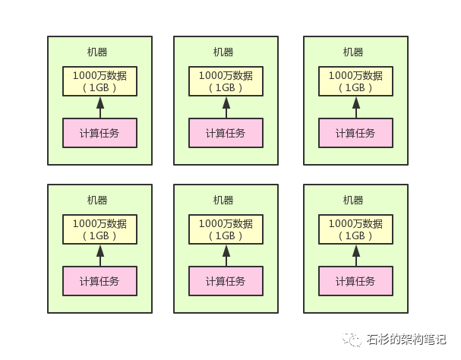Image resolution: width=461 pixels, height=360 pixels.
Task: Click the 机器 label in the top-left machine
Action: click(97, 52)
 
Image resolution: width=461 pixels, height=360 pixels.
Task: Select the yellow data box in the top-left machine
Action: click(99, 81)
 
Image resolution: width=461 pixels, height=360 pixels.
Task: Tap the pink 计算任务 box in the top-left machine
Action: click(99, 133)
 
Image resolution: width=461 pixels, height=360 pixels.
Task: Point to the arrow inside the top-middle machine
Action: click(226, 107)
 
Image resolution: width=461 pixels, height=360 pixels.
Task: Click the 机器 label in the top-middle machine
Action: click(223, 52)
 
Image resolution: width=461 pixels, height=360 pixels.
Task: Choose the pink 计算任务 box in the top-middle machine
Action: click(226, 133)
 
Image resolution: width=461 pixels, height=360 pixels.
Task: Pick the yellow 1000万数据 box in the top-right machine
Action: click(355, 81)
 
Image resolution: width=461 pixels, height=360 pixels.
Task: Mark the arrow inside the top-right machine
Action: click(356, 107)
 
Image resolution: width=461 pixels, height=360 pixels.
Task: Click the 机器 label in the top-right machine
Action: click(353, 52)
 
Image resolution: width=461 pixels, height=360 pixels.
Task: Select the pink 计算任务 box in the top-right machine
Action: click(355, 133)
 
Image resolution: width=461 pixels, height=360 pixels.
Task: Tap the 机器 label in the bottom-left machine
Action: click(97, 201)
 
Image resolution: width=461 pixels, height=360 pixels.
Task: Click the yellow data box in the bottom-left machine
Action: click(99, 229)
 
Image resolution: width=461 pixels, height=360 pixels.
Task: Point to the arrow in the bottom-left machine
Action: click(99, 255)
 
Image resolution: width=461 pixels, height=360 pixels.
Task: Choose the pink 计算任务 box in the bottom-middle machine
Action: click(226, 281)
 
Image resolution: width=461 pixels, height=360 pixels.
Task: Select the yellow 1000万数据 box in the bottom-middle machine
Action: click(226, 229)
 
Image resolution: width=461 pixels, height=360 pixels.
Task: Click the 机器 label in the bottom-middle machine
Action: click(223, 201)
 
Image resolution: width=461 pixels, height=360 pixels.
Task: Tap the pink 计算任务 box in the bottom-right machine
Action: click(355, 281)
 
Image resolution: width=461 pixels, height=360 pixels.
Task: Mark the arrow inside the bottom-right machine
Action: click(356, 255)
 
